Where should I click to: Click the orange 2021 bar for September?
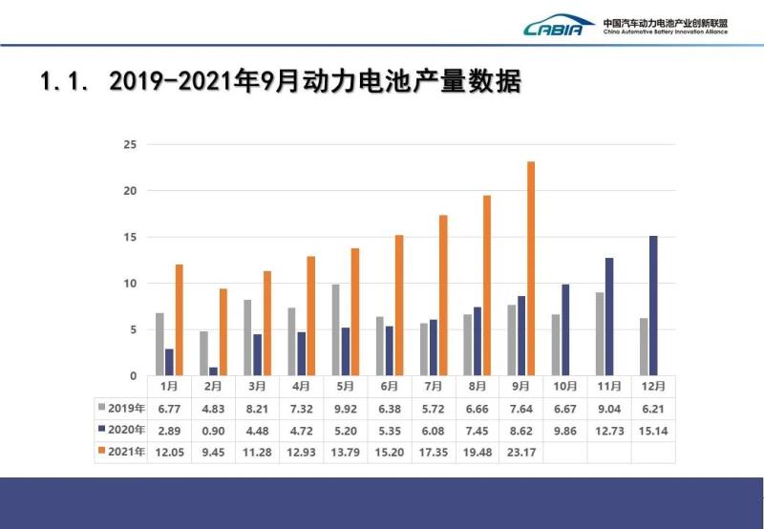coord(531,268)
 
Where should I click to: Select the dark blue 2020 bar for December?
coord(653,306)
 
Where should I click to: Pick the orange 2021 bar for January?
coord(179,320)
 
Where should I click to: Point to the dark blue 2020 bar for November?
coord(609,316)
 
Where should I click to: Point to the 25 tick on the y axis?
coord(130,145)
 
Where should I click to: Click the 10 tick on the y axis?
coord(130,284)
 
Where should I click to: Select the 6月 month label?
coord(389,387)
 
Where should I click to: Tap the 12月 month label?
coord(653,387)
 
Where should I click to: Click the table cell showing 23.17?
coord(520,452)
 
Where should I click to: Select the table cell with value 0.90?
coord(213,431)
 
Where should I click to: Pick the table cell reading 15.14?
coord(653,431)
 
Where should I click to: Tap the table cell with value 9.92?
coord(345,409)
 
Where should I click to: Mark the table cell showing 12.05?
coord(169,452)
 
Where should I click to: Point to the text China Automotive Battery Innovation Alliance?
coord(666,32)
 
